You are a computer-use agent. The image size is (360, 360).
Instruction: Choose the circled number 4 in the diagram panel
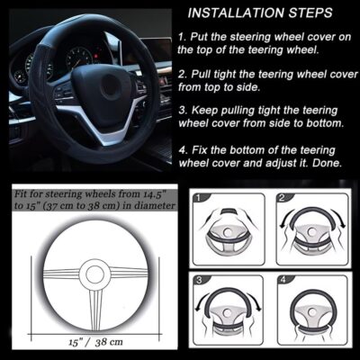point(282,281)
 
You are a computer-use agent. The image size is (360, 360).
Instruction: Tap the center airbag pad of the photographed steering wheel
point(108,90)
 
